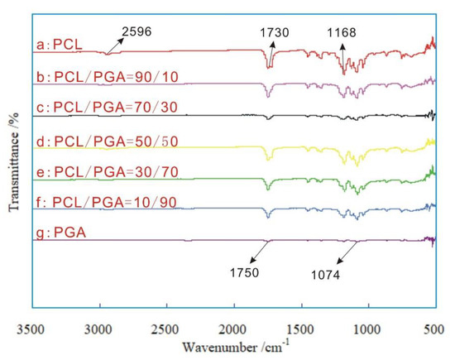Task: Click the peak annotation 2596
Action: tap(137, 32)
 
